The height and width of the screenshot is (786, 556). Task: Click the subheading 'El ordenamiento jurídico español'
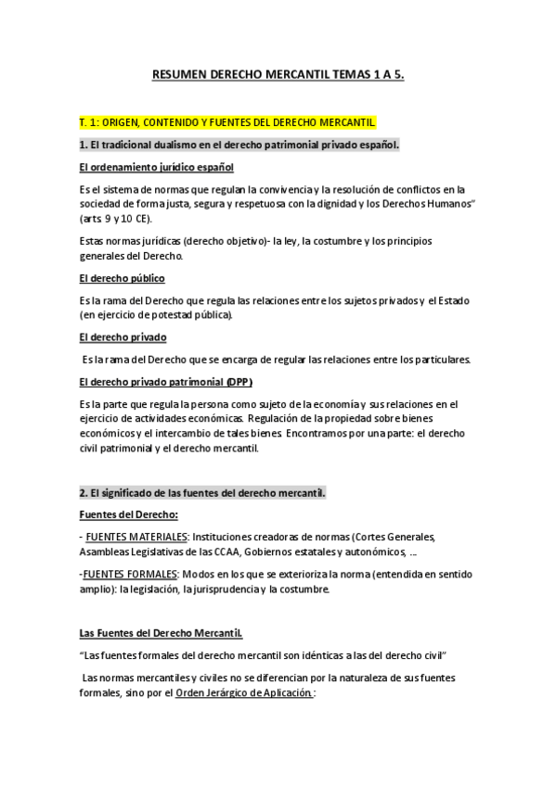click(156, 167)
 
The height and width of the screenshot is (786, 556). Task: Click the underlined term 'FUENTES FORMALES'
click(129, 575)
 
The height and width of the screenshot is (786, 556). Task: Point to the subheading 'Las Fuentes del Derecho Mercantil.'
click(161, 633)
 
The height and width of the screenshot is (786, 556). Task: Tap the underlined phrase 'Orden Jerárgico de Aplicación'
click(243, 692)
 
